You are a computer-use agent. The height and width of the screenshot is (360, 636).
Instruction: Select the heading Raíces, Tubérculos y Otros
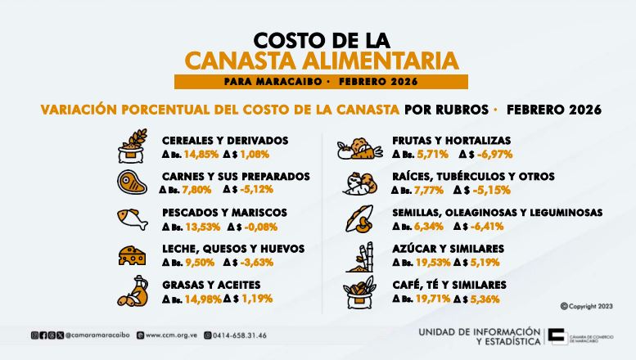(473, 176)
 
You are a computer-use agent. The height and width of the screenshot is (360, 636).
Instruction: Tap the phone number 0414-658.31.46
(239, 335)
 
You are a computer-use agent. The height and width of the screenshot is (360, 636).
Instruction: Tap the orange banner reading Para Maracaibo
(320, 82)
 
